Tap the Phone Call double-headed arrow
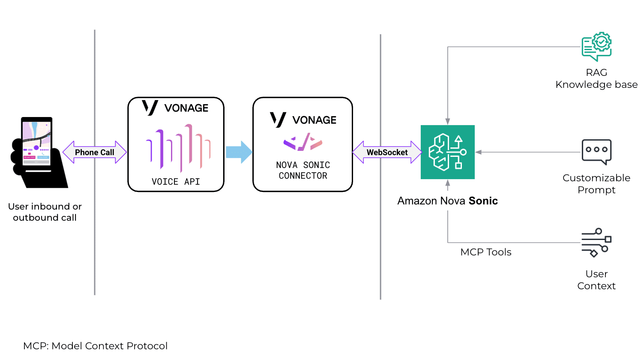[x=95, y=152]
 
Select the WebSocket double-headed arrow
[x=387, y=152]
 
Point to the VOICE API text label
[x=176, y=182]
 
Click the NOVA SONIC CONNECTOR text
[x=303, y=170]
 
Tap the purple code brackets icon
[x=303, y=142]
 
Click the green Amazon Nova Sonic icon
[x=448, y=152]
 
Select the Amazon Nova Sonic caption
[x=447, y=201]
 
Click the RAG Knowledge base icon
[x=596, y=47]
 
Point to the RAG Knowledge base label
[x=596, y=78]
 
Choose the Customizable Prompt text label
[x=596, y=184]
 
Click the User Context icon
[x=596, y=243]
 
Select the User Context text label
[x=596, y=280]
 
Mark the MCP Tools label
[x=486, y=252]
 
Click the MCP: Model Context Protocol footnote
[x=95, y=346]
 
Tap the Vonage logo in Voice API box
[x=175, y=108]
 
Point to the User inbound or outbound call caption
[x=45, y=212]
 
